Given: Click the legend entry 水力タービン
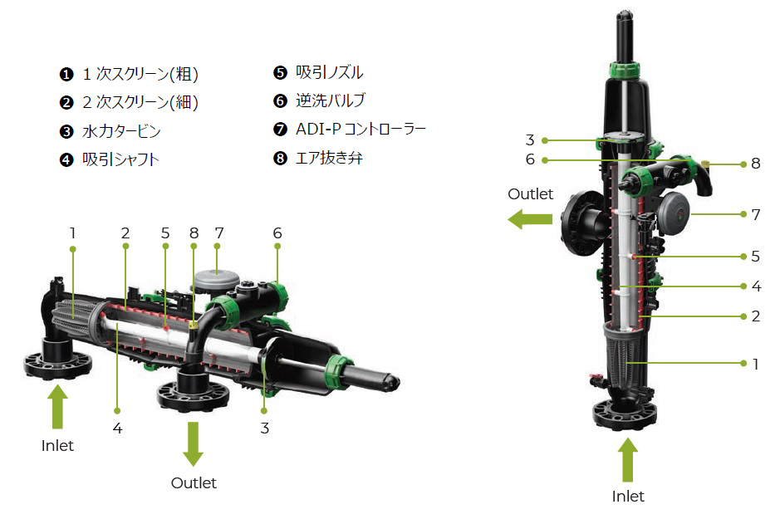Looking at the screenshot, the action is click(x=121, y=131).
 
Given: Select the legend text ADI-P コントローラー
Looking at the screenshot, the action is click(x=361, y=130).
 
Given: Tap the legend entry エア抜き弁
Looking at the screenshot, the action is click(x=329, y=158).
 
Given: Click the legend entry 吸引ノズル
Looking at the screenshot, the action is click(x=329, y=72).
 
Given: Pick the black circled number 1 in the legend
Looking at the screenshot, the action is click(x=66, y=75).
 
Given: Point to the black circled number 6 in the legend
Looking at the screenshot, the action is click(x=280, y=101).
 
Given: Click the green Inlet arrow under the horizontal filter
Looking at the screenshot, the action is click(x=57, y=406).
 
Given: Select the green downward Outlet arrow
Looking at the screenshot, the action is click(x=193, y=443).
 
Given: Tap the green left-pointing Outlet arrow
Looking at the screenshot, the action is click(x=530, y=218).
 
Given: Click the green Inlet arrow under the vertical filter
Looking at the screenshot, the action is click(x=628, y=459).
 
